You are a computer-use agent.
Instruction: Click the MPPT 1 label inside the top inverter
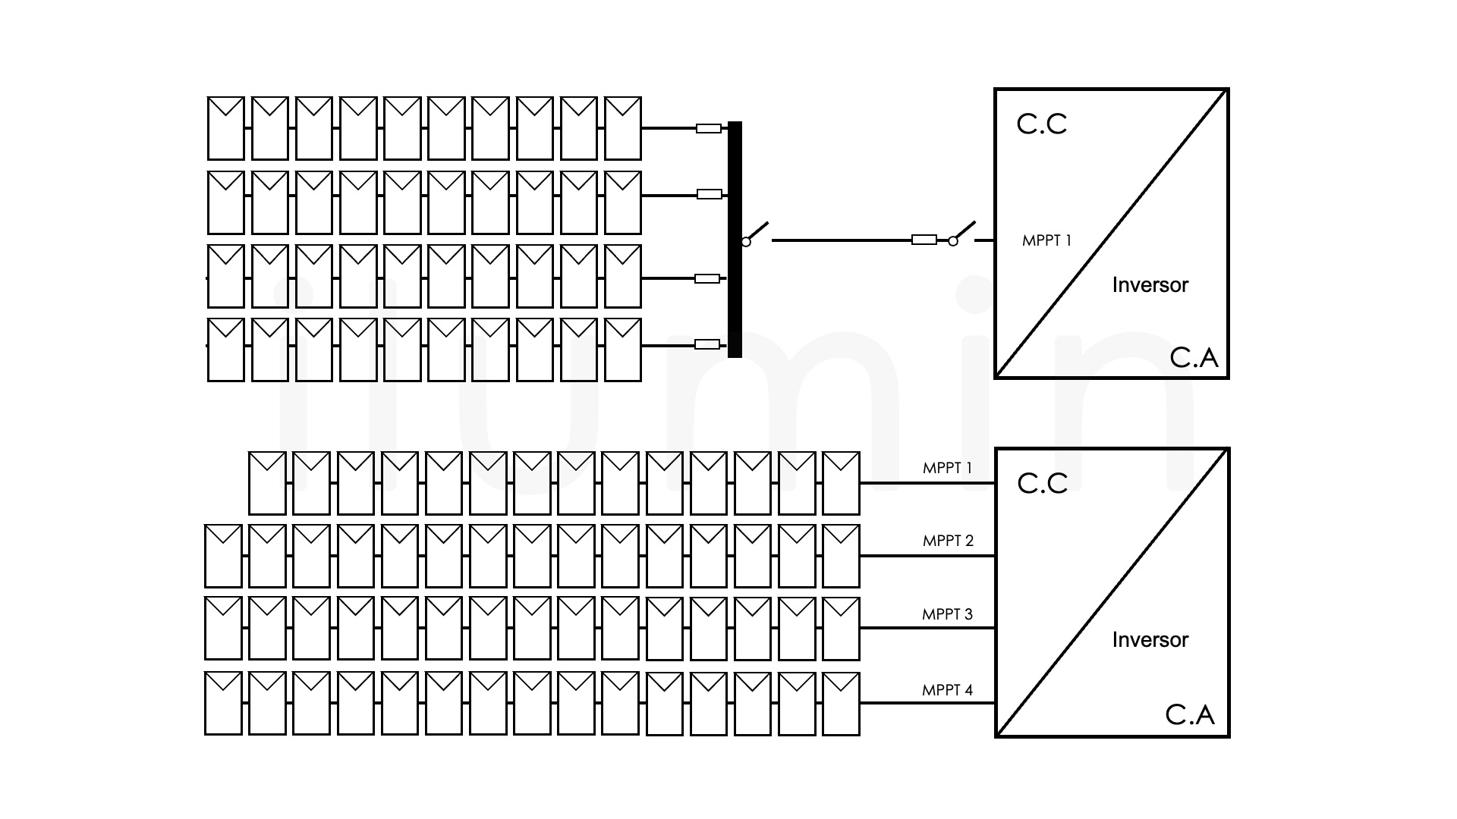(x=1046, y=240)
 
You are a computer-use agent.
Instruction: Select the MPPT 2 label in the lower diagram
(x=948, y=541)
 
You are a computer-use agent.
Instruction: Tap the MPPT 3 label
(x=947, y=614)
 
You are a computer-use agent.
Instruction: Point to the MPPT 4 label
(x=947, y=690)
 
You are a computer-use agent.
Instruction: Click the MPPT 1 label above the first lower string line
(x=947, y=468)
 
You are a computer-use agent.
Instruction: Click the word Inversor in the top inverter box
(x=1150, y=285)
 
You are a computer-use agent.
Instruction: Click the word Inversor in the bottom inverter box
(x=1150, y=640)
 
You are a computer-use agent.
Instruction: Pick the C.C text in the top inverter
(x=1041, y=124)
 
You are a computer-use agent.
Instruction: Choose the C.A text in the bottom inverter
(x=1189, y=714)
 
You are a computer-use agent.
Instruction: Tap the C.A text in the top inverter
(x=1194, y=358)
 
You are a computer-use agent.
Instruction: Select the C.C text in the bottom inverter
(x=1042, y=484)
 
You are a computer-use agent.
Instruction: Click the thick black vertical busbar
(x=735, y=239)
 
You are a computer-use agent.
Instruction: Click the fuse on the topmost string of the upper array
(x=709, y=129)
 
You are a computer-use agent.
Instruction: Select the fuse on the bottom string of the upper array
(x=707, y=345)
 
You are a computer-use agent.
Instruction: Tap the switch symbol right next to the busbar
(x=755, y=234)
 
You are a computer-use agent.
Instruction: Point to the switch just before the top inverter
(x=962, y=234)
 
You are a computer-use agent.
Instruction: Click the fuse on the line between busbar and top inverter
(x=924, y=240)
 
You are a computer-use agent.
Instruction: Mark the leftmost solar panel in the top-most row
(x=226, y=128)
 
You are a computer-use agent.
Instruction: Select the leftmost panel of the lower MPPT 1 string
(x=267, y=483)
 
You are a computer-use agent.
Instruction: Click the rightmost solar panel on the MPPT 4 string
(x=841, y=703)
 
